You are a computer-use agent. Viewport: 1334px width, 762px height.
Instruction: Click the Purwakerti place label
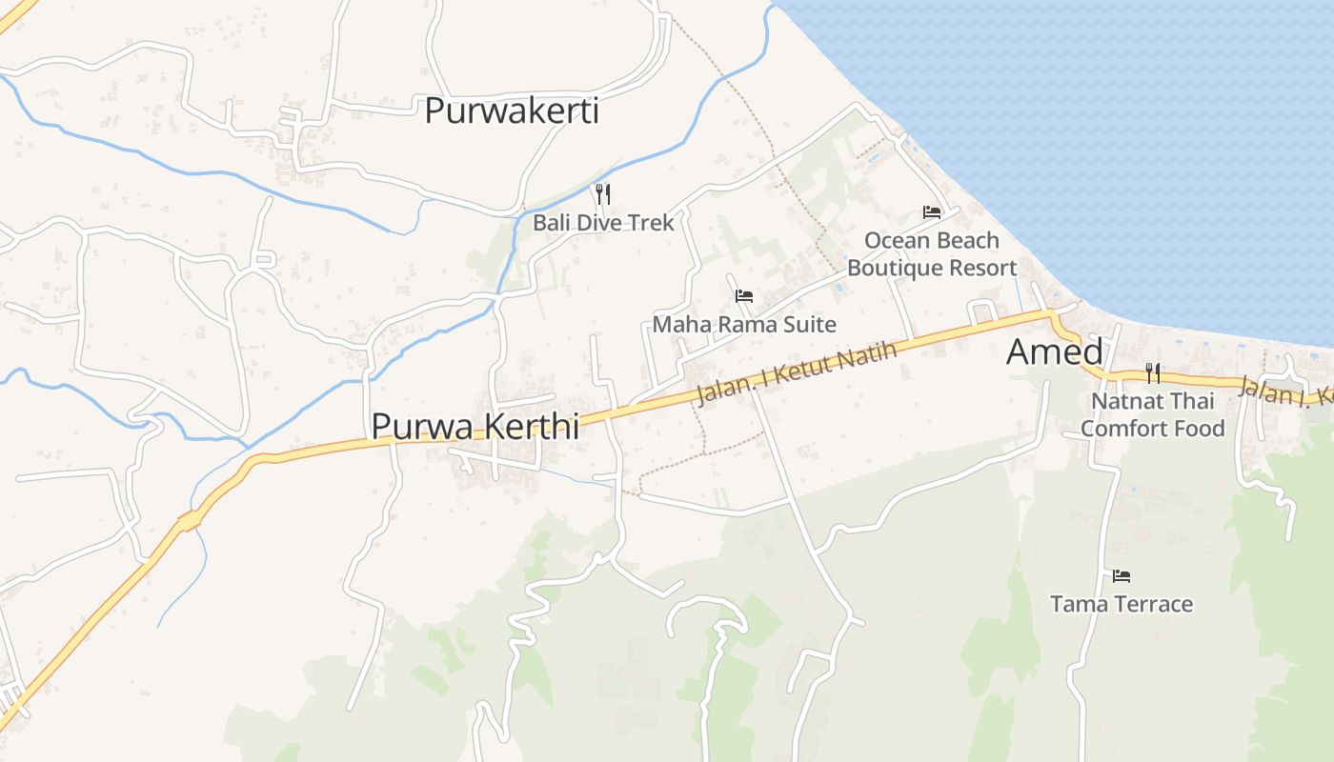512,111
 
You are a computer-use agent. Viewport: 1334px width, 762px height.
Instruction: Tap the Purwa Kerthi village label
475,426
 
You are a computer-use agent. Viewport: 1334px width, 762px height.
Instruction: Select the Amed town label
1054,352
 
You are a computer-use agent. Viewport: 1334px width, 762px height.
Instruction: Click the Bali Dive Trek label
603,223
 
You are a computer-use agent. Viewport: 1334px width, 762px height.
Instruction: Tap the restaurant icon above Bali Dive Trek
602,194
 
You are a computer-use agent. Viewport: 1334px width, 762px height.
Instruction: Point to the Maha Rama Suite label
743,325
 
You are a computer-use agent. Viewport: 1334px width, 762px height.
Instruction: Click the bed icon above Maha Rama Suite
744,296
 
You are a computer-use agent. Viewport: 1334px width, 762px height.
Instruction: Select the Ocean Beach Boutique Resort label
932,254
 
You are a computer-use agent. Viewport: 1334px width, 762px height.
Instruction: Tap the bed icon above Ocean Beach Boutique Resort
932,211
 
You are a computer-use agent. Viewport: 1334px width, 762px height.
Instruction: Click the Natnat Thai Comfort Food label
1152,414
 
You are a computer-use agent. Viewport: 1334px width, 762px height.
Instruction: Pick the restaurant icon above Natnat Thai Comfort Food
1153,371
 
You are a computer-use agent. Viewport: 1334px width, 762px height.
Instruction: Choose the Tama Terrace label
1121,604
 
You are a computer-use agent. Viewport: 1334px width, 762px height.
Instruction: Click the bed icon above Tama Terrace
1122,575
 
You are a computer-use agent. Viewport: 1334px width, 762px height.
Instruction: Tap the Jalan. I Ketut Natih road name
797,374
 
